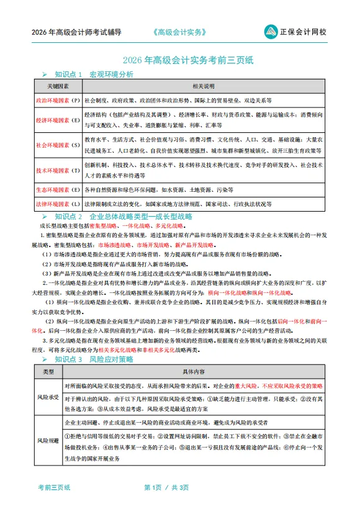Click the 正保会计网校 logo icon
pyautogui.click(x=271, y=31)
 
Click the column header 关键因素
pyautogui.click(x=58, y=86)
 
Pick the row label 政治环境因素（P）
pyautogui.click(x=58, y=100)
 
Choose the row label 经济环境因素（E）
pyautogui.click(x=58, y=119)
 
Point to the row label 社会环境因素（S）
pyautogui.click(x=58, y=145)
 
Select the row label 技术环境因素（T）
pyautogui.click(x=58, y=170)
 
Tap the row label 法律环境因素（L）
pyautogui.click(x=58, y=204)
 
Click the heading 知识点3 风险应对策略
pyautogui.click(x=94, y=359)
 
